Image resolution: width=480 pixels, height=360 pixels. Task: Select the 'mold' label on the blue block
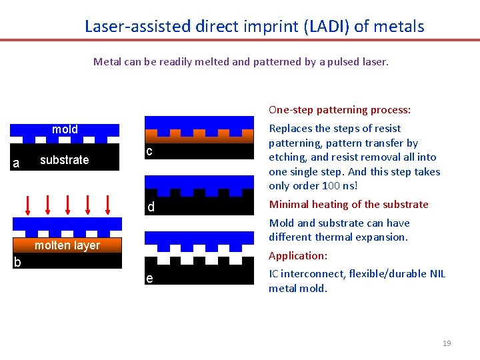[65, 129]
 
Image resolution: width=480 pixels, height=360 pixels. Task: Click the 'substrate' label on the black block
[64, 160]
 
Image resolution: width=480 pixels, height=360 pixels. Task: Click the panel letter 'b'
[17, 262]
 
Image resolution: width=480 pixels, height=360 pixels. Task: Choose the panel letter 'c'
[149, 151]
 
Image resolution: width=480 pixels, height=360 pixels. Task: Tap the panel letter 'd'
[151, 207]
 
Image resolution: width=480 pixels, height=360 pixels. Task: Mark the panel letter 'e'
[150, 278]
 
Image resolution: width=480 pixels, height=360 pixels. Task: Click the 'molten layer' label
[67, 245]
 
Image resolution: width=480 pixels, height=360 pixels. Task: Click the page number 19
[447, 343]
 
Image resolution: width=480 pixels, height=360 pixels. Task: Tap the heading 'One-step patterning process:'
[339, 110]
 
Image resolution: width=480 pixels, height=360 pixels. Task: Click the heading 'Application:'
[297, 255]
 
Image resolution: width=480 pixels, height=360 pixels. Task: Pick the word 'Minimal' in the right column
[289, 205]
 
